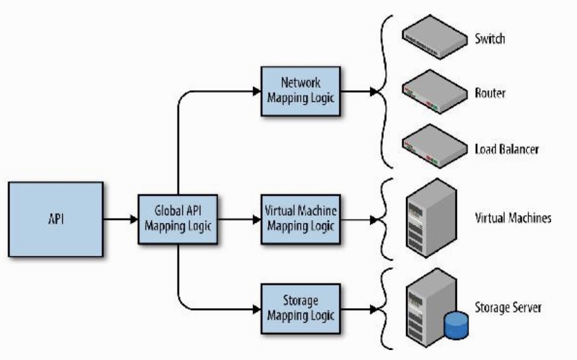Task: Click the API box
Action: (x=55, y=219)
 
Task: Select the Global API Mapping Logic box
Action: (x=178, y=219)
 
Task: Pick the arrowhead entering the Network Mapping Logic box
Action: (x=257, y=91)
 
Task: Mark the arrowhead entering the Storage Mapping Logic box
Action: (x=257, y=309)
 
